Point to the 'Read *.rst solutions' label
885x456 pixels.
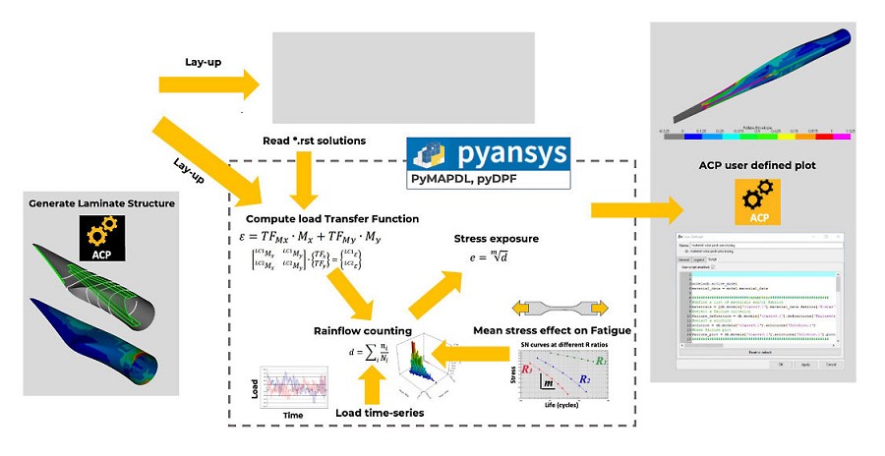(x=315, y=141)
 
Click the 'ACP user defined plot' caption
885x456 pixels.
(x=752, y=165)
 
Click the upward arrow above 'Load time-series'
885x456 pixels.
(x=373, y=386)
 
